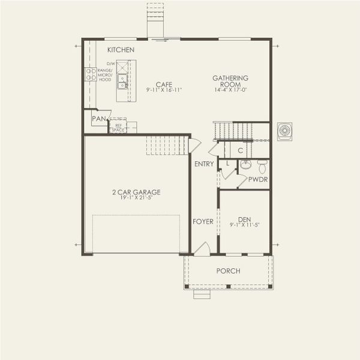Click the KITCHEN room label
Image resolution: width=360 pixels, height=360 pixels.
coord(121,50)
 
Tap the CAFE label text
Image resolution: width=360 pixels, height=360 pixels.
coord(164,85)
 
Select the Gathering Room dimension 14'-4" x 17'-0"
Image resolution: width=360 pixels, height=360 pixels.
coord(230,90)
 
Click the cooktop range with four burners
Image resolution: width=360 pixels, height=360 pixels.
coord(91,74)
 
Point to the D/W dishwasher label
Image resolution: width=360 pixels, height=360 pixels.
coord(110,63)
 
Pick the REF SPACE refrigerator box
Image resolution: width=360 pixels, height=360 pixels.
coord(118,127)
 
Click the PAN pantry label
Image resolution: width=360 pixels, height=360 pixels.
coord(98,119)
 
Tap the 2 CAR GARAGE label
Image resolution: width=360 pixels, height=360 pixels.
coord(136,192)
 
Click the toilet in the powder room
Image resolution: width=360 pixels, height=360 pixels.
coord(262,166)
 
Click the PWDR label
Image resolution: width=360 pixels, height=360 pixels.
coord(258,179)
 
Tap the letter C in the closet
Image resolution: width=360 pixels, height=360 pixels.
coord(239,150)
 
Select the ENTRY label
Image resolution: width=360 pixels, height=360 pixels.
coord(204,164)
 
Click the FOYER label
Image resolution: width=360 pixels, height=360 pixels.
coord(203,221)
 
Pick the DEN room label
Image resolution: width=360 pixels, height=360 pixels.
coord(244,219)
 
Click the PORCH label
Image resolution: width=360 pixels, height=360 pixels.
coord(228,271)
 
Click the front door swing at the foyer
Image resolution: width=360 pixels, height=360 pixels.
coord(203,249)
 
